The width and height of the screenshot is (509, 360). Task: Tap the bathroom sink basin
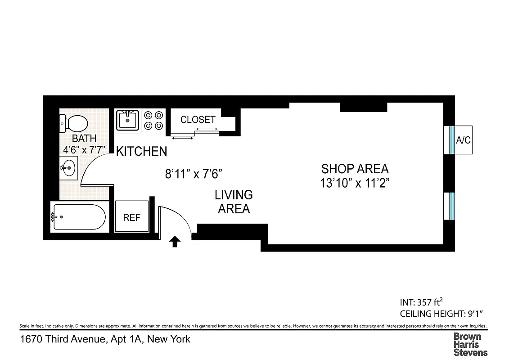click(68, 168)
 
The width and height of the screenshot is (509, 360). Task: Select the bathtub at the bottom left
click(79, 217)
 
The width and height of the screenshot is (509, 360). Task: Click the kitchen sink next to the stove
click(127, 121)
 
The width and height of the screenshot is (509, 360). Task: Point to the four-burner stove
click(153, 121)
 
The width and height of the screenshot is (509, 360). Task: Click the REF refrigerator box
click(132, 217)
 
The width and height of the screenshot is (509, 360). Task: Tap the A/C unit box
click(463, 140)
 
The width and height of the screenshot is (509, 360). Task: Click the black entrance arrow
click(175, 242)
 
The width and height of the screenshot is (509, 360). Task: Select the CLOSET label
click(198, 120)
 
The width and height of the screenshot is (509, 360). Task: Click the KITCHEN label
click(141, 152)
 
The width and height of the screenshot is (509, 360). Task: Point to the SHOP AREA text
click(355, 169)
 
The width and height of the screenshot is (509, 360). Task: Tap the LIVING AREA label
click(234, 202)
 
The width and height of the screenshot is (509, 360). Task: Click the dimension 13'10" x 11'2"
click(355, 184)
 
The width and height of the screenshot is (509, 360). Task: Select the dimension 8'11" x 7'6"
click(194, 174)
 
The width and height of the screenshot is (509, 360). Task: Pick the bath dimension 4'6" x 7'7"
click(84, 149)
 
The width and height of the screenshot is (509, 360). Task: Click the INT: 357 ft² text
click(423, 302)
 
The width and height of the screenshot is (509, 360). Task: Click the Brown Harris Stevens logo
click(470, 344)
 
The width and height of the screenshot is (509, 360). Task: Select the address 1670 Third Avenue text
click(105, 339)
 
